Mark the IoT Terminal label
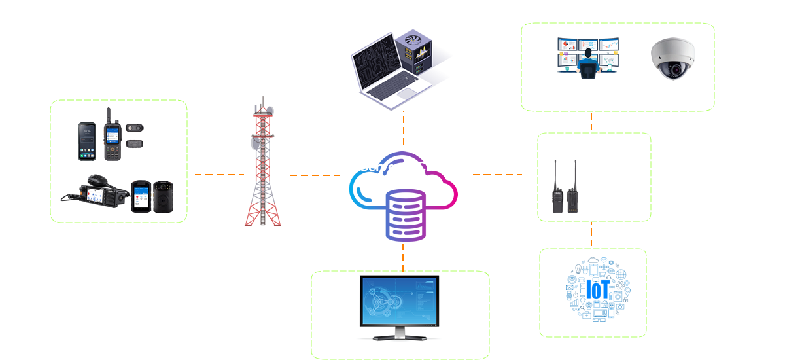[x=593, y=326]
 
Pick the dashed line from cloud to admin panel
[x=403, y=259]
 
